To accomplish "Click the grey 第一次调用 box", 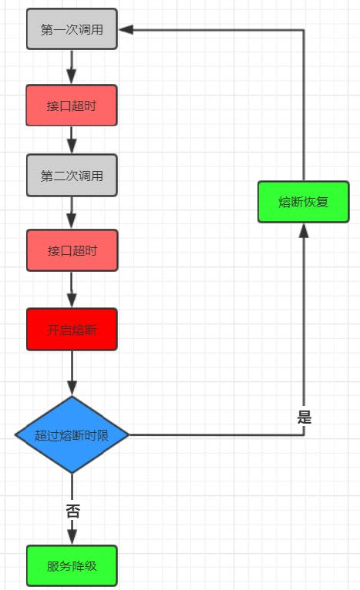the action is pos(72,29).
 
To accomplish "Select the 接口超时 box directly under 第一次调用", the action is pos(72,106).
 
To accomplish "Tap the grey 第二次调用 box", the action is pos(72,176).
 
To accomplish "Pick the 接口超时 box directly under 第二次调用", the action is pos(72,250).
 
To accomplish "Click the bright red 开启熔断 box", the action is pos(72,330).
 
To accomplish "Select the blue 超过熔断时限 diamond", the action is pos(72,434).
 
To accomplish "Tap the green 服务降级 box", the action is pos(72,565).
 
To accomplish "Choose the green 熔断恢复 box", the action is pos(304,202).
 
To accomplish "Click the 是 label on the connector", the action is pos(304,417).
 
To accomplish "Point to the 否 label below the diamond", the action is pos(72,511).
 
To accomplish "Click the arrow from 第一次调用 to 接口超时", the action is pos(72,67).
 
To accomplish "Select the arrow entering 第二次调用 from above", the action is pos(72,140).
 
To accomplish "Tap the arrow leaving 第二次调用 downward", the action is pos(72,213).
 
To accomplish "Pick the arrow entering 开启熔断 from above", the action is pos(72,290).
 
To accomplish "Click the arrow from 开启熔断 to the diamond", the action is pos(72,373).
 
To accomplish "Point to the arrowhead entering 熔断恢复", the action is pos(304,230).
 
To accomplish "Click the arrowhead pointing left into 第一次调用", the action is pos(126,30).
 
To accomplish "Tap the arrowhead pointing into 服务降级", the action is pos(72,537).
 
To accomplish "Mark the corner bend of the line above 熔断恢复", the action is pos(304,30).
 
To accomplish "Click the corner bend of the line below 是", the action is pos(304,435).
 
